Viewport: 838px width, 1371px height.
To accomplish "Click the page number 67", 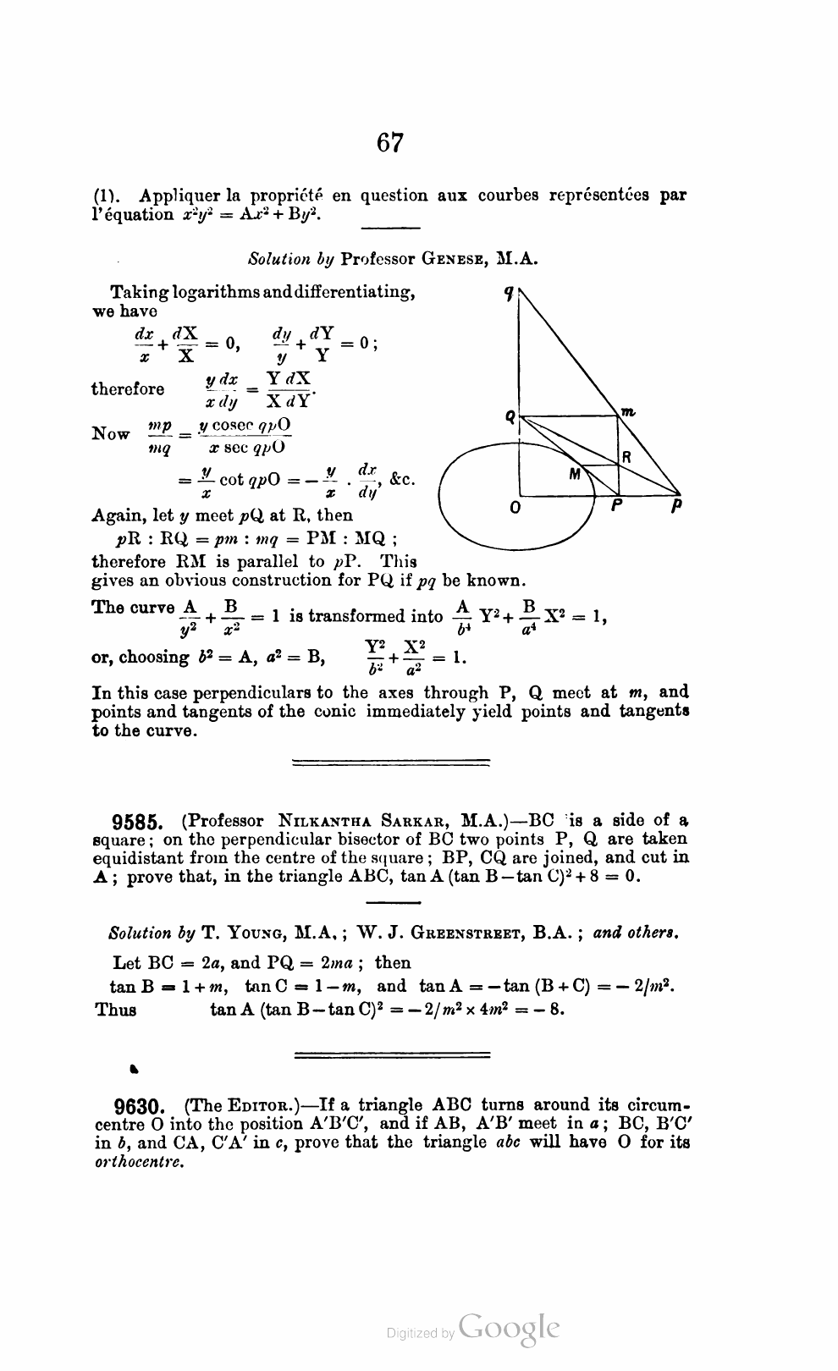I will point(390,143).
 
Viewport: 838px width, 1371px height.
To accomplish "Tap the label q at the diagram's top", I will point(508,294).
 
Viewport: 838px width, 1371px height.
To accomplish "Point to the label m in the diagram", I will point(628,411).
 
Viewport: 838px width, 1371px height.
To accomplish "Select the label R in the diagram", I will point(627,457).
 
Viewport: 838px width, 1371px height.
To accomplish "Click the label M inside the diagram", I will point(576,475).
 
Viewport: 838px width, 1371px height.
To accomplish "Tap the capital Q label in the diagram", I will point(510,416).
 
